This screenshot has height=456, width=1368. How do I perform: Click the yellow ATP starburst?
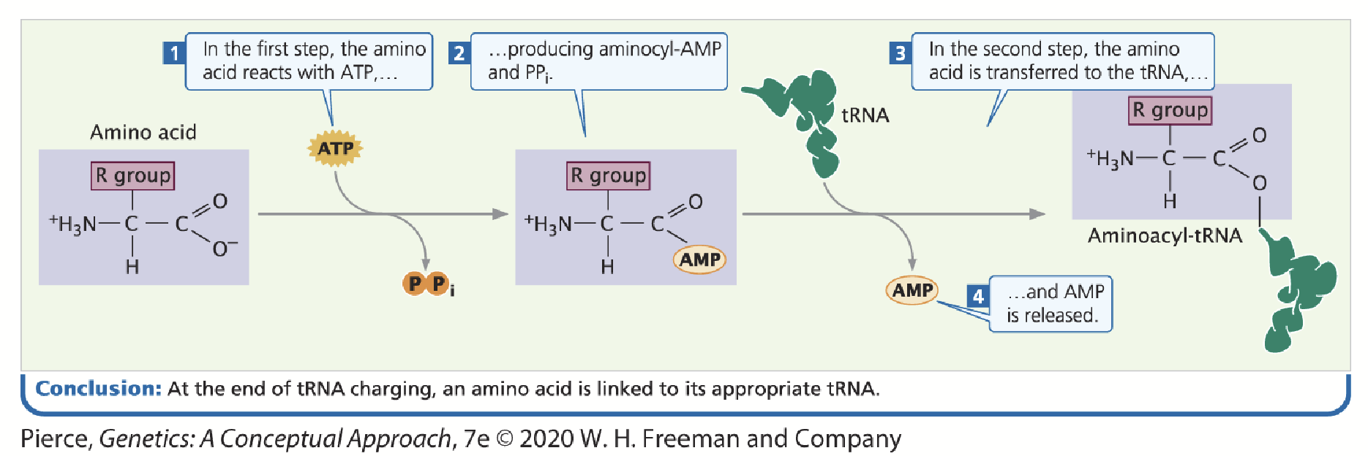335,148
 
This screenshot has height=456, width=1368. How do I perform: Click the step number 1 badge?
174,53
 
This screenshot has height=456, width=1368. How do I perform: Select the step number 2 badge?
459,53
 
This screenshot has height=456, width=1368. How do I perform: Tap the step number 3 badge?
901,53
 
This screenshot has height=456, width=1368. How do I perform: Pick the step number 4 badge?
978,296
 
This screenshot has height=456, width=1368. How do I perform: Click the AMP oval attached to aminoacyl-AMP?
699,259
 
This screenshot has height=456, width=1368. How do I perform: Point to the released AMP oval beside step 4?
912,290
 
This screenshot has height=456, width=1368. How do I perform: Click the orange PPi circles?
426,284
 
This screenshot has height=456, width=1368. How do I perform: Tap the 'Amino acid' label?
143,132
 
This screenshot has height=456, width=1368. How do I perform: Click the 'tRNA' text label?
865,115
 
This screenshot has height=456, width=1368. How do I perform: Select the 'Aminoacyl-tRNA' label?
1165,235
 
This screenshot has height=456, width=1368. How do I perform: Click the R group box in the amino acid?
133,175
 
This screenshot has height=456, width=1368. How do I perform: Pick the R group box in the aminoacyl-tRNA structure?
1170,110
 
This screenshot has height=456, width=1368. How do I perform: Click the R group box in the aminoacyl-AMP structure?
608,175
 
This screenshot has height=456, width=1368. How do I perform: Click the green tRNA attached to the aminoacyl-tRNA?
1299,292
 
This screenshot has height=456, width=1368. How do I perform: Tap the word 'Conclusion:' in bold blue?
98,388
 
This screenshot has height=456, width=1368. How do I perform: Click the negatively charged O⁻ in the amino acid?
222,248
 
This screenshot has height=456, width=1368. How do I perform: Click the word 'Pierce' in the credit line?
55,438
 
